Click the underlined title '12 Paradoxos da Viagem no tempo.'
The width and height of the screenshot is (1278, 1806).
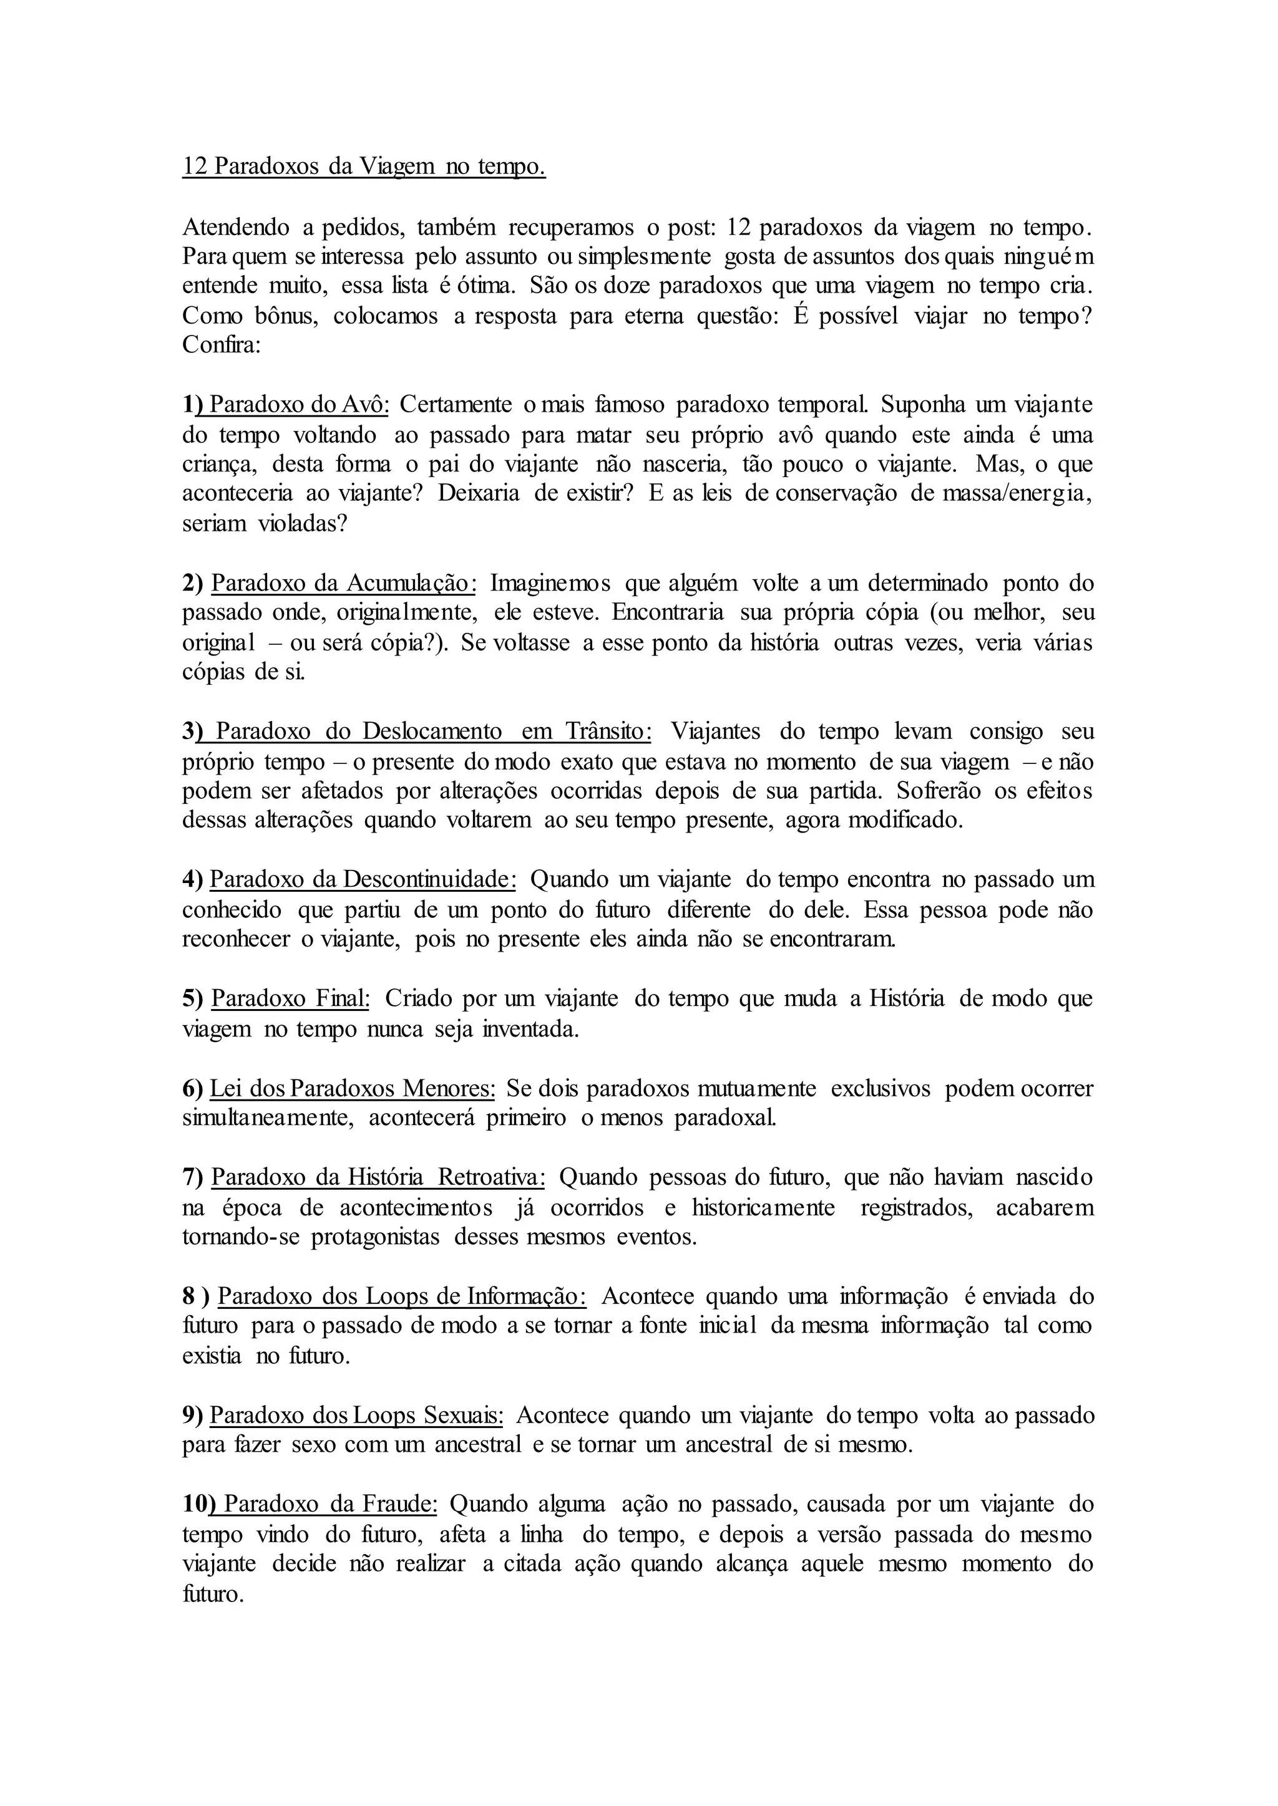pos(364,167)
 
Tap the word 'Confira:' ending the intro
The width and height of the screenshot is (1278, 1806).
pos(221,345)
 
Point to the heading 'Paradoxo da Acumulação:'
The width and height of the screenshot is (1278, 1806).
pos(344,583)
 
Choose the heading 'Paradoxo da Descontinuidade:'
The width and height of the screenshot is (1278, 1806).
pos(363,879)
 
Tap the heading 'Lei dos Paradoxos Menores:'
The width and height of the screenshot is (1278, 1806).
pos(353,1089)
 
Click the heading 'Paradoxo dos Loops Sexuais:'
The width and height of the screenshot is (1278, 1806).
pos(356,1415)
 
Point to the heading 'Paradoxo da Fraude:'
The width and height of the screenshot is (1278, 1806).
pos(331,1504)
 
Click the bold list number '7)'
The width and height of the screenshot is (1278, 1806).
pos(193,1177)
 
